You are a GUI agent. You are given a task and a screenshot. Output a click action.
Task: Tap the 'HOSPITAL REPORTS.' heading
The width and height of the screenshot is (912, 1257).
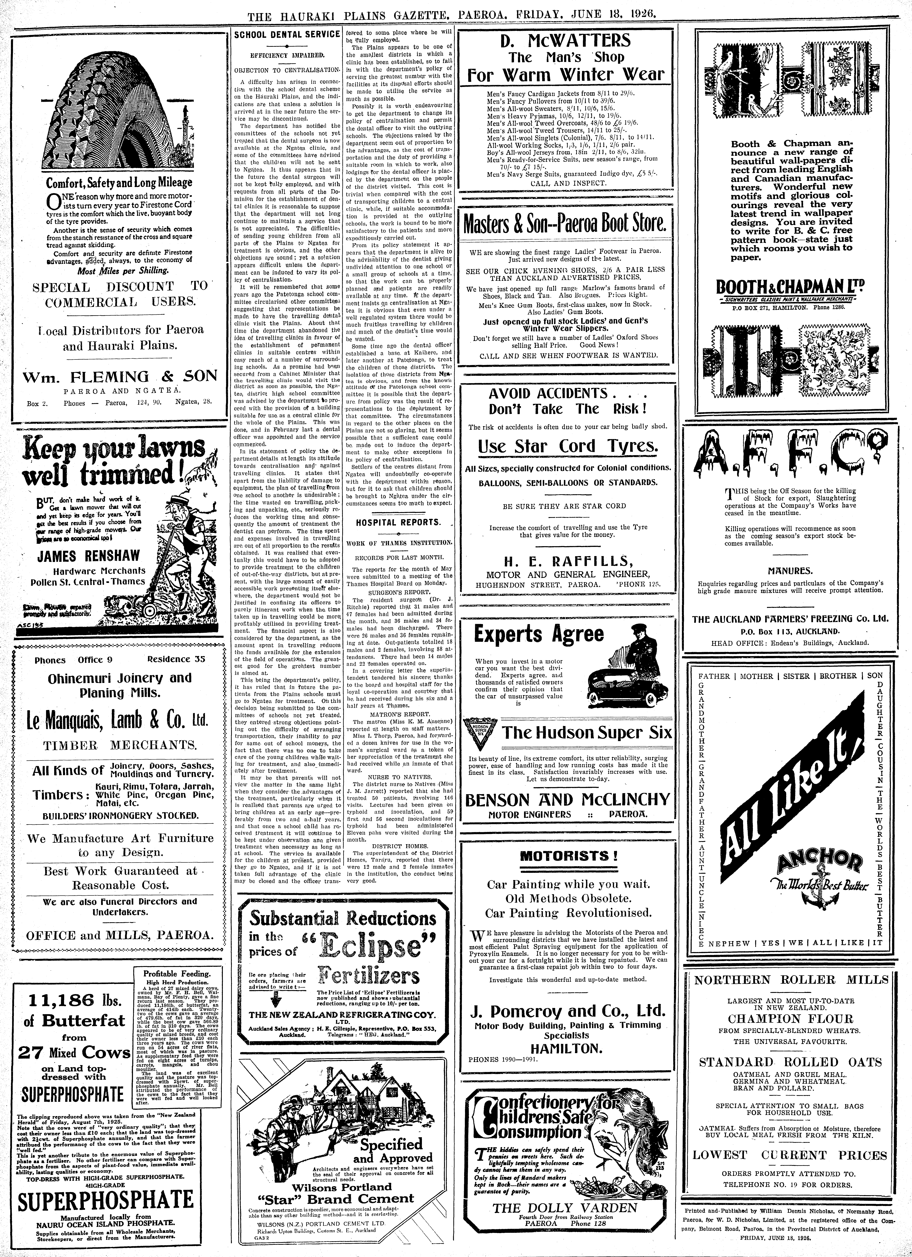pyautogui.click(x=398, y=522)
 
